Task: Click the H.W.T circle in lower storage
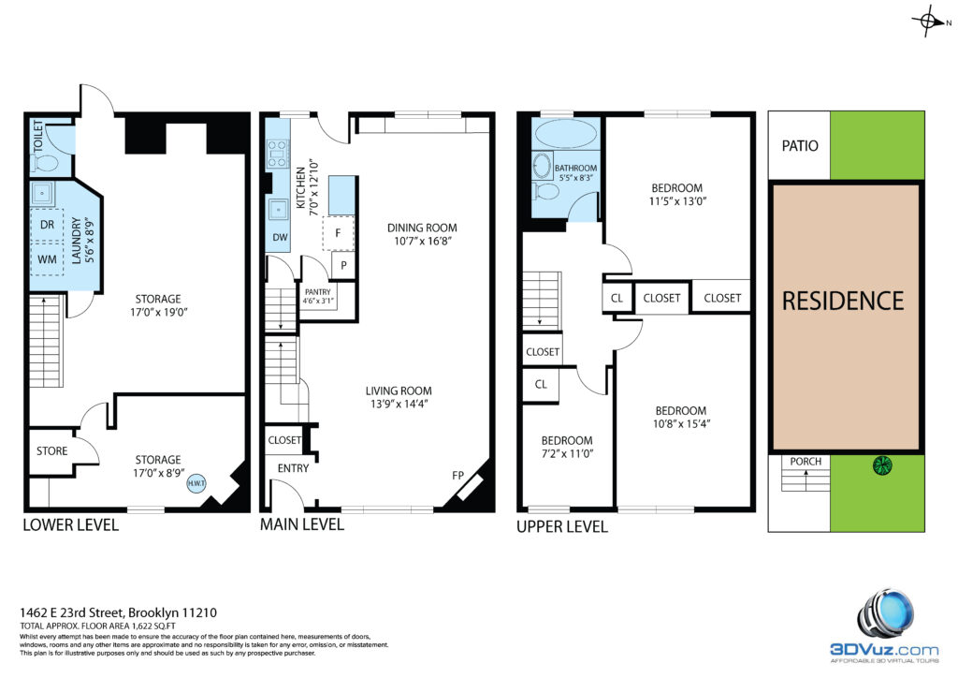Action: tap(196, 483)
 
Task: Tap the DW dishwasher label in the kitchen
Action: tap(280, 237)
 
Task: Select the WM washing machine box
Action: tap(47, 259)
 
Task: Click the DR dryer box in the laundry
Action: tap(47, 225)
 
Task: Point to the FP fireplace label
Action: tap(458, 475)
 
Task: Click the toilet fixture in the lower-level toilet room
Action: tap(44, 163)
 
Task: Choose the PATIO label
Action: tap(800, 145)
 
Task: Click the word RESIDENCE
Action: tap(843, 301)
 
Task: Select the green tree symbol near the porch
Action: tap(882, 465)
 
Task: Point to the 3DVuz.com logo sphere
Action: tap(886, 614)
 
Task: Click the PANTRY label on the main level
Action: tap(318, 292)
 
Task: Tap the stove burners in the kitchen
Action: tap(277, 154)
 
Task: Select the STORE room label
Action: tap(52, 451)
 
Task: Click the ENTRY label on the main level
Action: tap(293, 468)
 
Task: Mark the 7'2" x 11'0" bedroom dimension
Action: tap(566, 454)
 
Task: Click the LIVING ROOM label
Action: tap(399, 391)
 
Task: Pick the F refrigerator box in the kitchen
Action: tap(339, 233)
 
